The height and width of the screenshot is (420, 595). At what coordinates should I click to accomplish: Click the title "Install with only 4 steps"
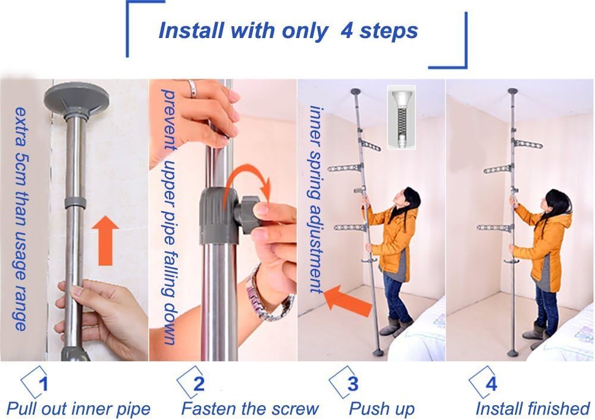[288, 30]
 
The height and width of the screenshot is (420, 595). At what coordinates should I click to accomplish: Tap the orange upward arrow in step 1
[105, 240]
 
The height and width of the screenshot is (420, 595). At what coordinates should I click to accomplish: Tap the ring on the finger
[192, 89]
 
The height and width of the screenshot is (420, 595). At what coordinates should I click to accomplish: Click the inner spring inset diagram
[401, 117]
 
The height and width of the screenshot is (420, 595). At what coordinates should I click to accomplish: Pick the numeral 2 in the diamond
[199, 384]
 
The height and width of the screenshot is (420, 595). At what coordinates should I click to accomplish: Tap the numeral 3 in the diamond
[353, 384]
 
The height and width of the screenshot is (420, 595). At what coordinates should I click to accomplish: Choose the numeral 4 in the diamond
[491, 384]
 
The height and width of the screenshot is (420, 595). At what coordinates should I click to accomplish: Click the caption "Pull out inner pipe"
[79, 409]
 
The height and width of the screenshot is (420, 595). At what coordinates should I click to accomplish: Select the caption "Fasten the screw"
[250, 409]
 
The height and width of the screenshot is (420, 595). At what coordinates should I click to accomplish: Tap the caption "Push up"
[382, 410]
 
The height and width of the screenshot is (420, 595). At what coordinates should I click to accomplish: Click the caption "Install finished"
[533, 409]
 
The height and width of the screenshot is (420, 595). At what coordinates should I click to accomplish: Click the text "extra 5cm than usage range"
[20, 219]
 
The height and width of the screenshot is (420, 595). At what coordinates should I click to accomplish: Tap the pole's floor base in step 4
[513, 353]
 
